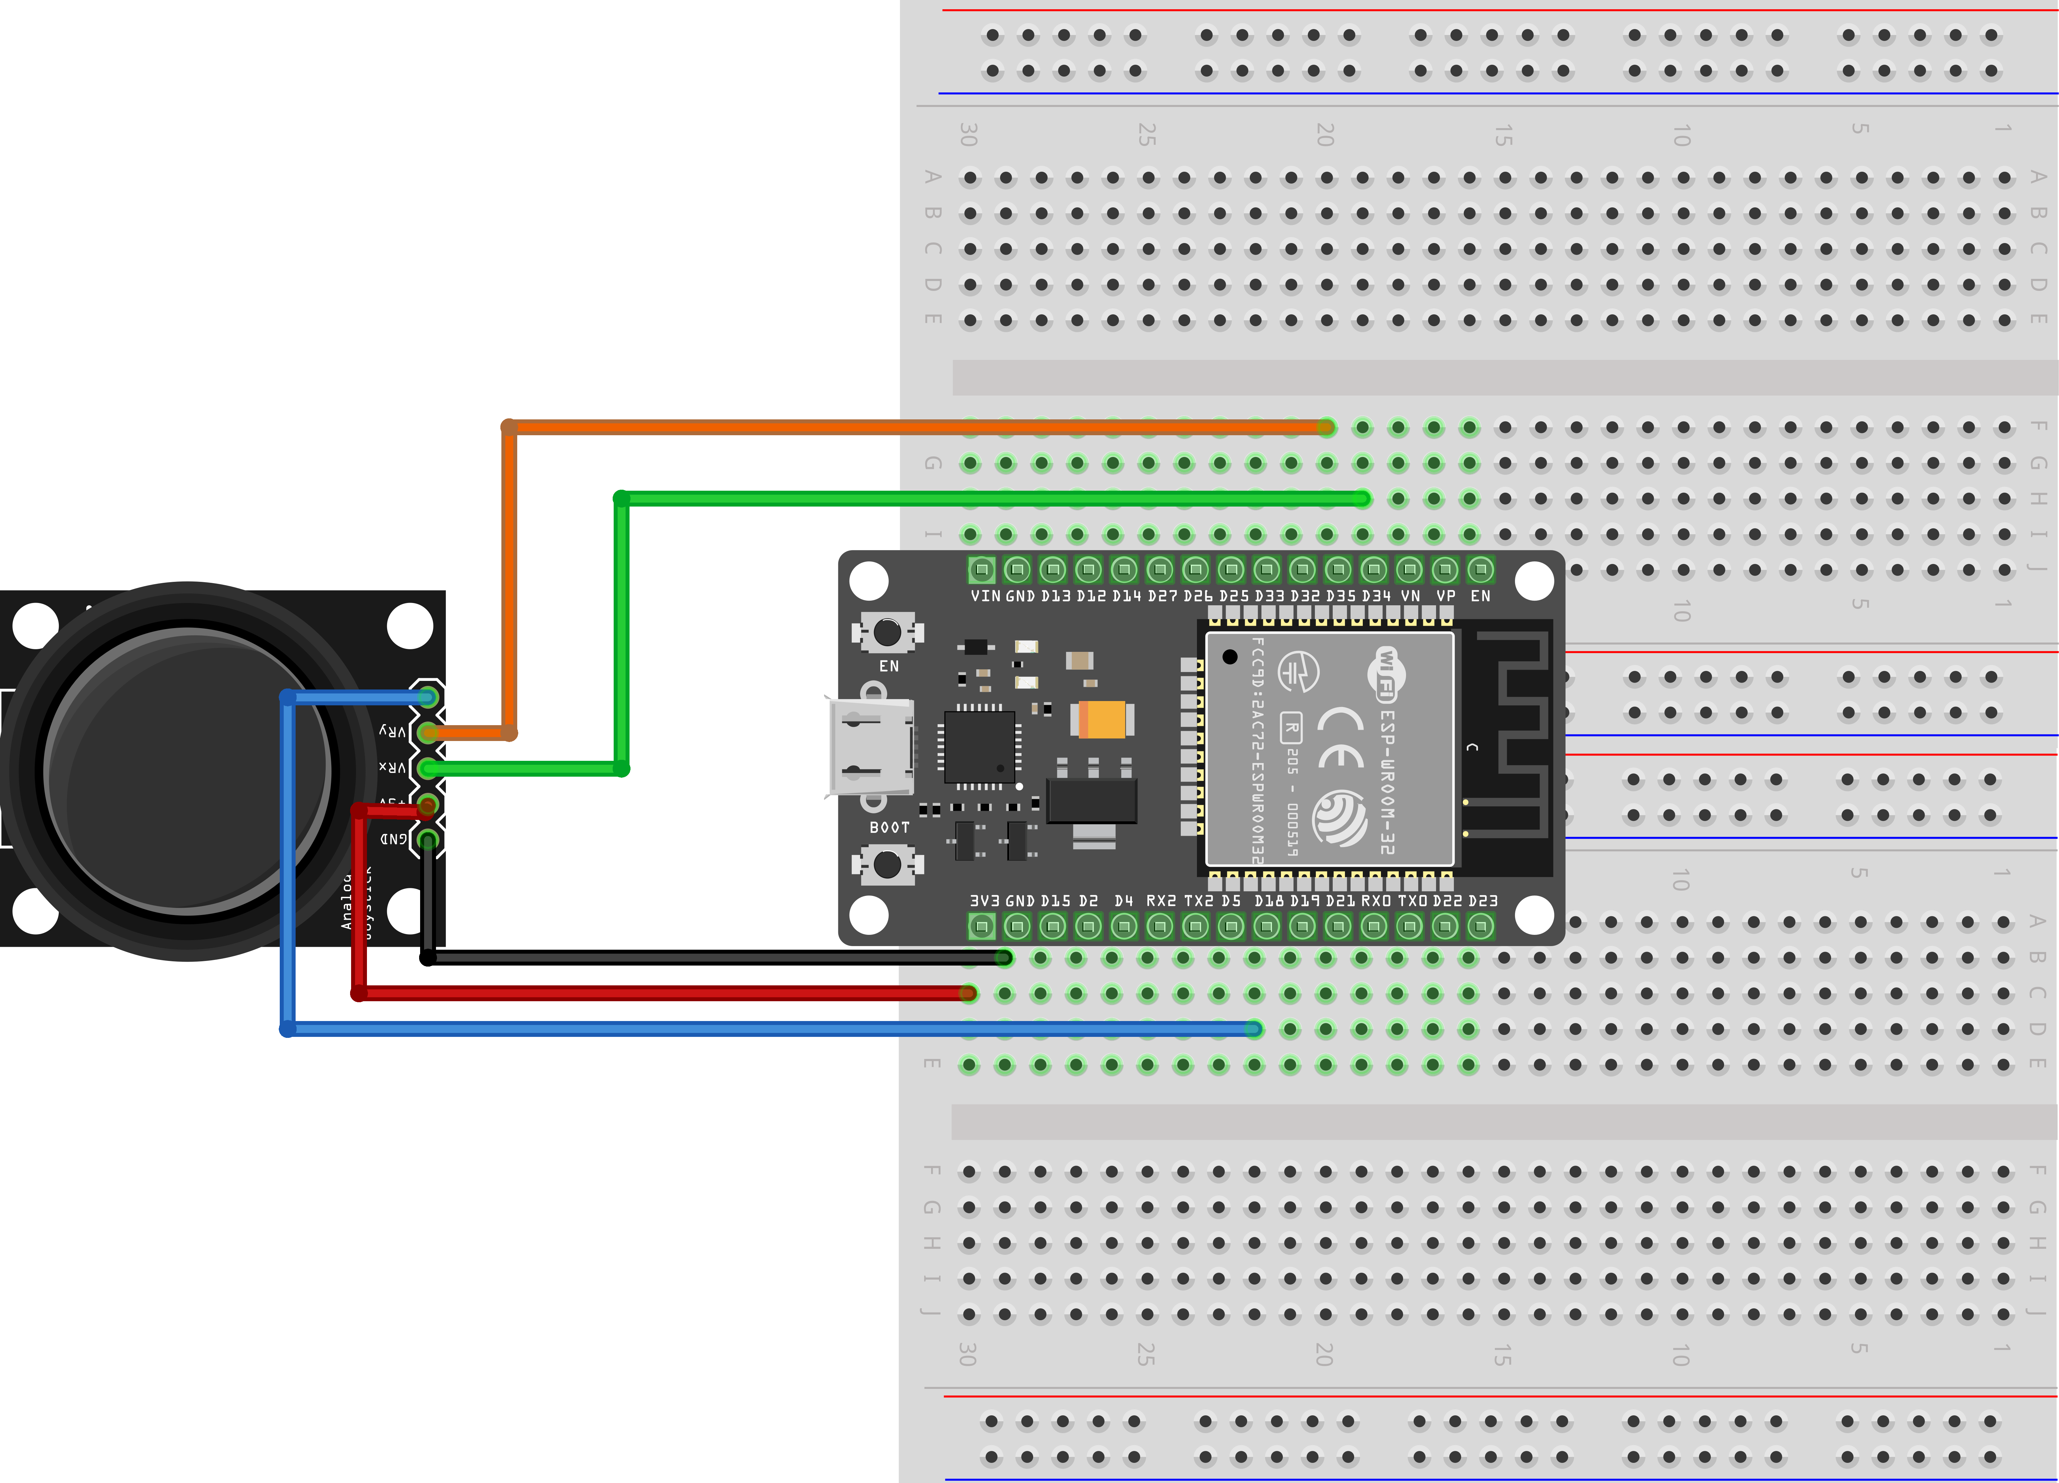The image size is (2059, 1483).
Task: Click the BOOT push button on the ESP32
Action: click(x=887, y=864)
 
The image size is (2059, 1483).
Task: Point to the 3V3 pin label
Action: click(x=984, y=901)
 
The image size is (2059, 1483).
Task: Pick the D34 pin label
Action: click(x=1376, y=596)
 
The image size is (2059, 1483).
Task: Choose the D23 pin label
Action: click(x=1483, y=901)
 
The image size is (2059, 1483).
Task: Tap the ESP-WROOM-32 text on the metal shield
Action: click(x=1386, y=781)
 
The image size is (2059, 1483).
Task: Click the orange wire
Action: click(x=908, y=427)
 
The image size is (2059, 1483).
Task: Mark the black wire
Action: click(x=726, y=958)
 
